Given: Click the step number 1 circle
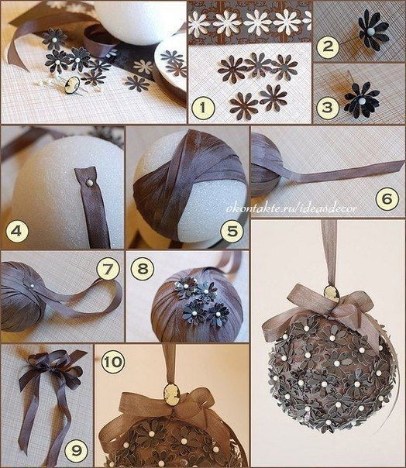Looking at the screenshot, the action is pos(203,108).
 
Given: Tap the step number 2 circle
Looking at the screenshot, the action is pos(328,46).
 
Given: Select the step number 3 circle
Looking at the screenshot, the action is pos(328,107).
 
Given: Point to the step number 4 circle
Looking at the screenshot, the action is pos(17,231).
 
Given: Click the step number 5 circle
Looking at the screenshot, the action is pos(232,231).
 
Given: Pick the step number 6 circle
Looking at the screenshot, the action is pos(387,198).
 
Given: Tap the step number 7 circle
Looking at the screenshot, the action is pos(108,269).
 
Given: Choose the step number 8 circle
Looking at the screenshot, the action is pos(143,268).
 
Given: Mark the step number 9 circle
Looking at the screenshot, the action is pos(76,450).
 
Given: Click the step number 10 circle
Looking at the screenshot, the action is pos(113,362).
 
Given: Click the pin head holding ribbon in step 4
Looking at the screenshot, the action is pos(89,182).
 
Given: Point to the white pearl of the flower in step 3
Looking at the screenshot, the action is pos(361,102).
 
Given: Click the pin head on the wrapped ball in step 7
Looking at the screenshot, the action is pos(32,286).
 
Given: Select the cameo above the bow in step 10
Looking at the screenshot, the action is pos(171,394).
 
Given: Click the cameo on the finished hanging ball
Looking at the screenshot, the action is pos(332,294).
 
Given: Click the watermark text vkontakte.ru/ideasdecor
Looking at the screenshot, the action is pos(291,208).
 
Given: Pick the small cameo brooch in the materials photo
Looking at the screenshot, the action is pos(72,84).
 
